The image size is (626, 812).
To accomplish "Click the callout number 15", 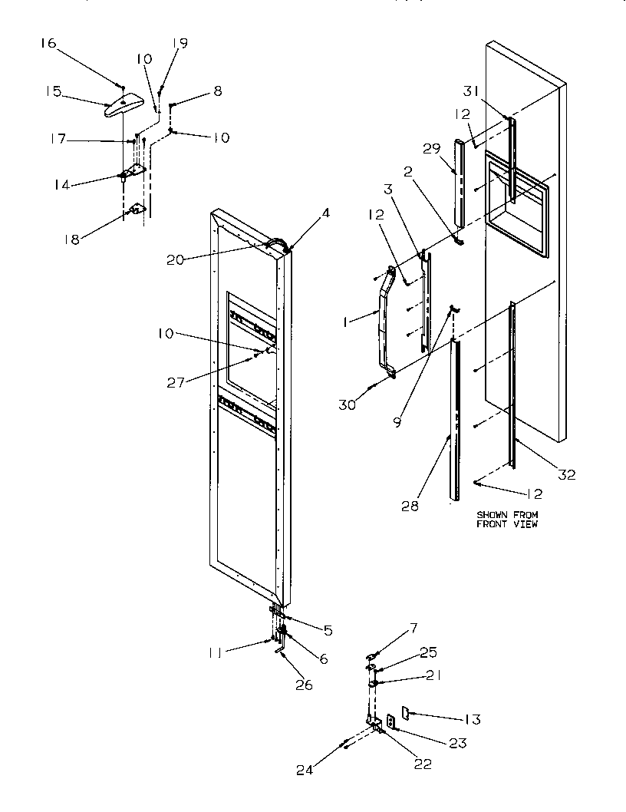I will click(x=52, y=91).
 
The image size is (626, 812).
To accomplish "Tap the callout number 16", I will click(x=48, y=43).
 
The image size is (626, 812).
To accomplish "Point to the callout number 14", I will click(x=61, y=184).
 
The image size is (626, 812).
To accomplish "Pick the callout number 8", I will click(x=218, y=91).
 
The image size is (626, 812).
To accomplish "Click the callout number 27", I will click(x=176, y=382).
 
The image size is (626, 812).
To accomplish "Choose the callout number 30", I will click(x=348, y=404).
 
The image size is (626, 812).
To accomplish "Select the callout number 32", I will click(x=565, y=475).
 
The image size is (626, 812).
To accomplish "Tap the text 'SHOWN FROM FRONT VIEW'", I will click(x=507, y=519).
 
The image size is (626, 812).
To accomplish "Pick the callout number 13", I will click(x=472, y=719).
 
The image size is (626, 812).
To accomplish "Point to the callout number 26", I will click(x=305, y=685).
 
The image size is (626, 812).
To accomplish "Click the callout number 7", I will click(x=412, y=629).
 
